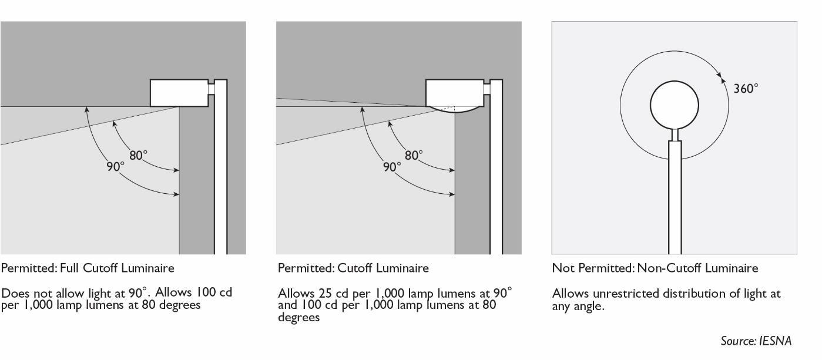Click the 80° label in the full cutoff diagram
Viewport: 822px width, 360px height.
138,156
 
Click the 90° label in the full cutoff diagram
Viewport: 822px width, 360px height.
116,166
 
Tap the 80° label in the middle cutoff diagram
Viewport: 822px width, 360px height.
414,156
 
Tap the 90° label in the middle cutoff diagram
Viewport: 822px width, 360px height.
392,167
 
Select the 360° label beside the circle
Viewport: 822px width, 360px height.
746,88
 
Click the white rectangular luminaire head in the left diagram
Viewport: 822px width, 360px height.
179,93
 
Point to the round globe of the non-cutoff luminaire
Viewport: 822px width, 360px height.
675,106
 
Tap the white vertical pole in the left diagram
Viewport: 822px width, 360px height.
220,176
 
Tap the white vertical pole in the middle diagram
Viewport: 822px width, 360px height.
496,176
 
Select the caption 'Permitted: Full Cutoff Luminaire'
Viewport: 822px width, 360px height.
88,268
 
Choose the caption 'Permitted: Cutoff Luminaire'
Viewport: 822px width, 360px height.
353,268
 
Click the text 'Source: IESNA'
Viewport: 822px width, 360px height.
756,341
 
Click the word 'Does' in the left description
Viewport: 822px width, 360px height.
13,293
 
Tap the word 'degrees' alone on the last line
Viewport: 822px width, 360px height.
298,318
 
